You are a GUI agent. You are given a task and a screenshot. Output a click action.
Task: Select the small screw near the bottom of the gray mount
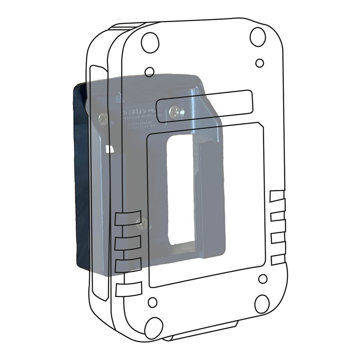pyautogui.click(x=142, y=222)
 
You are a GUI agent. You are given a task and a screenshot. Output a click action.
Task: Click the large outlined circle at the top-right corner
pyautogui.click(x=258, y=36)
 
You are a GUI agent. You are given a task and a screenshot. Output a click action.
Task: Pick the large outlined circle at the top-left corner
pyautogui.click(x=150, y=42)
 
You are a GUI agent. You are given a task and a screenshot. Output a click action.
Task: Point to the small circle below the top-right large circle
pyautogui.click(x=260, y=63)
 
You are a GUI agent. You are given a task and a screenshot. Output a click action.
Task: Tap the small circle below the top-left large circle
pyautogui.click(x=150, y=72)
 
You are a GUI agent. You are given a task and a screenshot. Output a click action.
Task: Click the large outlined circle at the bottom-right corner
pyautogui.click(x=262, y=304)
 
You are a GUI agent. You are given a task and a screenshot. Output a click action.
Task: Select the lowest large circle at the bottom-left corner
pyautogui.click(x=154, y=328)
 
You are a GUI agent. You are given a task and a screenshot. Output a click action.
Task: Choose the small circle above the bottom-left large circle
pyautogui.click(x=153, y=302)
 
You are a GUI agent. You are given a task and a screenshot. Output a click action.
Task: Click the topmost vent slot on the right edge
pyautogui.click(x=277, y=196)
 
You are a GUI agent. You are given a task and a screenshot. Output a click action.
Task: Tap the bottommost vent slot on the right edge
pyautogui.click(x=277, y=260)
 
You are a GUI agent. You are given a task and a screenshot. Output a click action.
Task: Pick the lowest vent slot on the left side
pyautogui.click(x=129, y=289)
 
